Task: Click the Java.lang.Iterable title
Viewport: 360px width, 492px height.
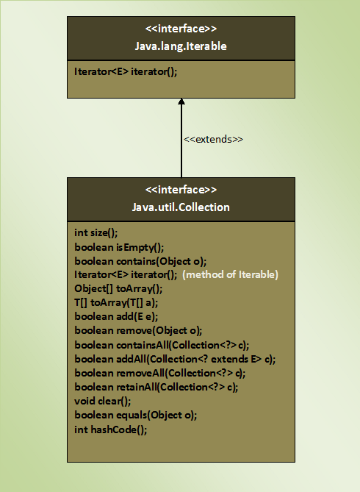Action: [181, 46]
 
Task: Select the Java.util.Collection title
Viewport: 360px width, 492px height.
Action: [181, 207]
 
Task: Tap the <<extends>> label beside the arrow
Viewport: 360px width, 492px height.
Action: [213, 139]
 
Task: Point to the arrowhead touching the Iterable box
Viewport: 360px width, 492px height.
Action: [181, 101]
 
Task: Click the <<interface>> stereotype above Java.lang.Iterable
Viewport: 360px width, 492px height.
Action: [181, 29]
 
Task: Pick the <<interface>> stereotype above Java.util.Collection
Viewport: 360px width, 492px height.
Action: [181, 190]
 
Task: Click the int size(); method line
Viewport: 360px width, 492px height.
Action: [96, 233]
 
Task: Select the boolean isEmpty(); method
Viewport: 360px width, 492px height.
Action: [119, 248]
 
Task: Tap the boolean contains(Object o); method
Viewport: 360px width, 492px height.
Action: [140, 261]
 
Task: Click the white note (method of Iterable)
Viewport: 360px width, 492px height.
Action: [230, 275]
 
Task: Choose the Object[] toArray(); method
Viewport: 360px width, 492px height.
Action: [118, 289]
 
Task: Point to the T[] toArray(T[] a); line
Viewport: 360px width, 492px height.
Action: [116, 303]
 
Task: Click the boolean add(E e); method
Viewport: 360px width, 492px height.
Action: [116, 316]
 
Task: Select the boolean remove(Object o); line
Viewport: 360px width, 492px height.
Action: [138, 331]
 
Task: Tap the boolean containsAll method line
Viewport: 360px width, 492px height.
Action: [162, 345]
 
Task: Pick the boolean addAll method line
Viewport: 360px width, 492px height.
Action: [175, 359]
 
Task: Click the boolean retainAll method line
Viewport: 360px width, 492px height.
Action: [156, 387]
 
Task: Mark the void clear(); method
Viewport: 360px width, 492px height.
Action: [103, 402]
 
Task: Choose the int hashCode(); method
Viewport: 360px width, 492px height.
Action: [111, 429]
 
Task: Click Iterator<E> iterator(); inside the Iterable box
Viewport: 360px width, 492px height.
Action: [126, 72]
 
